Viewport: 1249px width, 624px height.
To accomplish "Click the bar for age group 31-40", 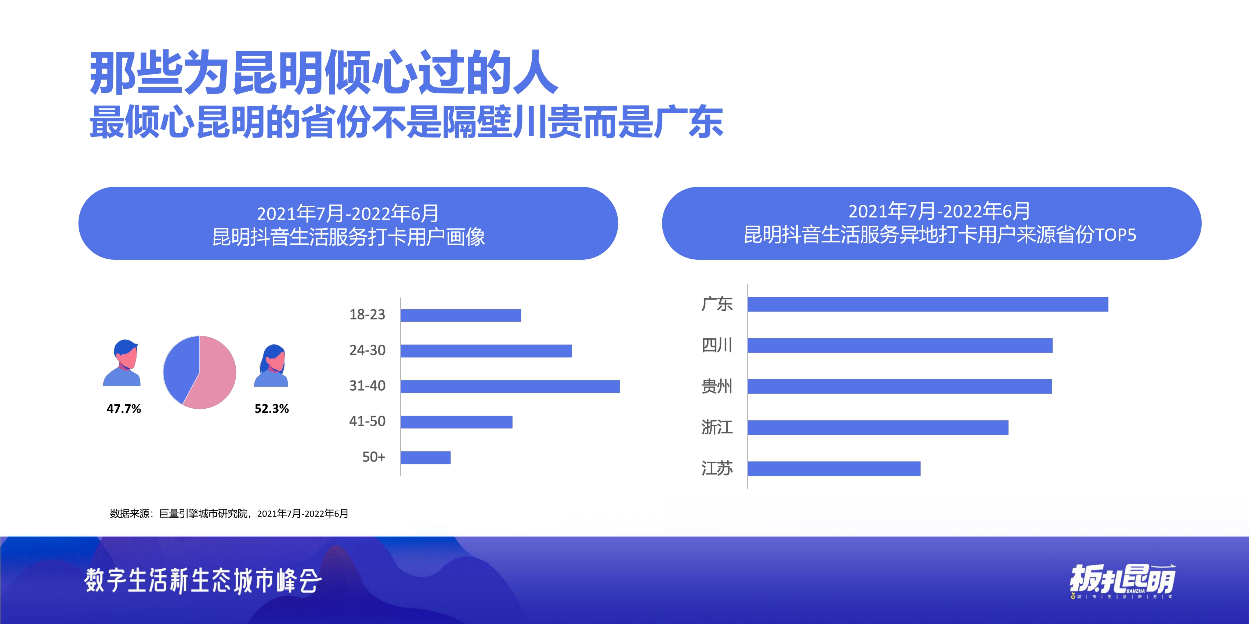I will [510, 386].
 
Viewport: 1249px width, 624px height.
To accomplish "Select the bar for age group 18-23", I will [461, 315].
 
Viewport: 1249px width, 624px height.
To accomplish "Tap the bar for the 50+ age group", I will [425, 457].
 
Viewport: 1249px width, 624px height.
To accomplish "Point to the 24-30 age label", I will [367, 350].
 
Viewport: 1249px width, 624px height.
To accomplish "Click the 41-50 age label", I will [367, 421].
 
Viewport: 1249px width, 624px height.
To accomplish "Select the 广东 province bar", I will [927, 304].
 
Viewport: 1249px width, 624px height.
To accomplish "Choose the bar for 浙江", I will [877, 427].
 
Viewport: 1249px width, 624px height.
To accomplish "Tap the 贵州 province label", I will [717, 387].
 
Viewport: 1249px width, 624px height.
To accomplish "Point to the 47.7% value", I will [124, 409].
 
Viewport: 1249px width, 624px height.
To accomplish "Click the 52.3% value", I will [272, 409].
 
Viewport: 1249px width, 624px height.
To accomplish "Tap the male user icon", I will [122, 363].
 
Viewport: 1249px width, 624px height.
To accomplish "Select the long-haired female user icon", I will [272, 366].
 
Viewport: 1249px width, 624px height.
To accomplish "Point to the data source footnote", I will [229, 514].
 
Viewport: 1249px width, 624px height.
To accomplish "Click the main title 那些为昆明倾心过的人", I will [323, 73].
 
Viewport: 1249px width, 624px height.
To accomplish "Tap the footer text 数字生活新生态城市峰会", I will [203, 580].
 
